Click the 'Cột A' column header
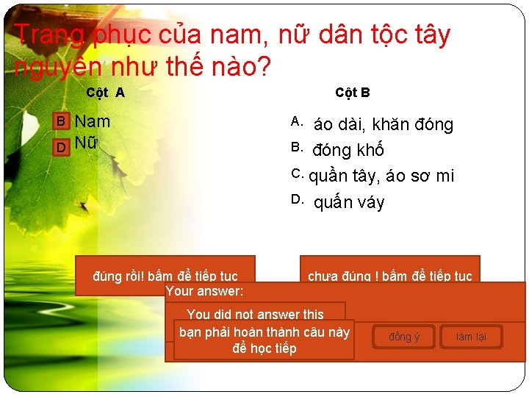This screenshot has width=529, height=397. tap(105, 93)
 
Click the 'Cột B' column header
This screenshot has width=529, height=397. tap(352, 93)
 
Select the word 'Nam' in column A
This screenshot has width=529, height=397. tap(93, 121)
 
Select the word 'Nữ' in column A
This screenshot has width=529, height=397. tap(86, 144)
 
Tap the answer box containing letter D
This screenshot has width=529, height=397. tap(62, 146)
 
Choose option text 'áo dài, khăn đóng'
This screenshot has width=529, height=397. tap(383, 125)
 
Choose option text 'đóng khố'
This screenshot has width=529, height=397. tap(348, 151)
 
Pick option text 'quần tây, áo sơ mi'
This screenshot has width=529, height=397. tap(381, 176)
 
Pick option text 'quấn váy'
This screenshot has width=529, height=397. tap(348, 202)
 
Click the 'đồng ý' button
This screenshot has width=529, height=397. tap(404, 337)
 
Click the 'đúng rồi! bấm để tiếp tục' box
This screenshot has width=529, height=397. tap(165, 276)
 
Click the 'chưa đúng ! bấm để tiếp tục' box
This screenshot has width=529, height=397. tap(389, 276)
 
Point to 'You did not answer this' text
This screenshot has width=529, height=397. tap(255, 314)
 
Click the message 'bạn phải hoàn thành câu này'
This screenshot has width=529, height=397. tap(264, 332)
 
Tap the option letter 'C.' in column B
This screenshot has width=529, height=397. tap(298, 174)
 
